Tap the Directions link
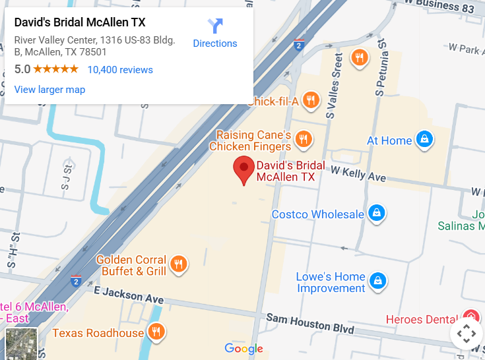click(215, 44)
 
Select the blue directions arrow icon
click(215, 26)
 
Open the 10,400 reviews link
click(120, 70)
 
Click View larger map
click(49, 90)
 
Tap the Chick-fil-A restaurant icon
click(312, 101)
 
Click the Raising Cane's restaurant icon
click(304, 138)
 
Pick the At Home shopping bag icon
click(424, 140)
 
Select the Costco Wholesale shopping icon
click(376, 214)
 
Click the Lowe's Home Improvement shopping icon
click(377, 280)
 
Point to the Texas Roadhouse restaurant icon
click(156, 332)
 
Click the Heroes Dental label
click(422, 320)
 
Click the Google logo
click(243, 348)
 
